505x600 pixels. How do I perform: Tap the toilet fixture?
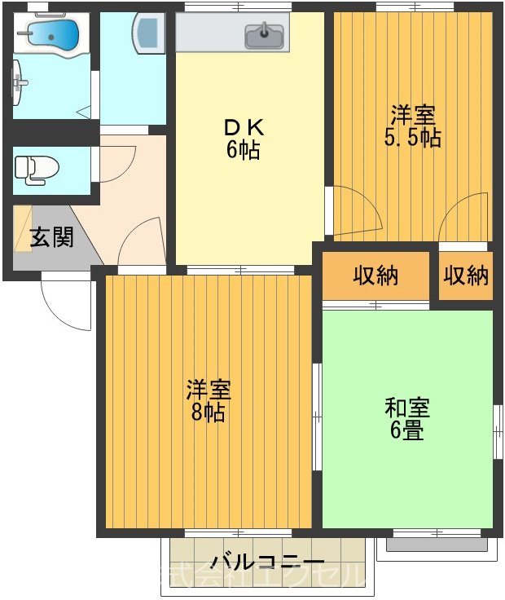click(x=37, y=169)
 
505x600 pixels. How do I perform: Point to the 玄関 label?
click(x=51, y=237)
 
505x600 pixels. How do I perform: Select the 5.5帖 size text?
click(x=413, y=138)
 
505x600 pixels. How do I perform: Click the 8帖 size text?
click(x=209, y=412)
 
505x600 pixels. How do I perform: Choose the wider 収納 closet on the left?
click(x=375, y=276)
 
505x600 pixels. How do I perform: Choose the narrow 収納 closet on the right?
click(x=467, y=276)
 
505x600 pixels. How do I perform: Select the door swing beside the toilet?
click(x=114, y=163)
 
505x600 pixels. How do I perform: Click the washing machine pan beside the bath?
click(x=149, y=33)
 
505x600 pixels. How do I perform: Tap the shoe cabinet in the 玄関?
click(x=22, y=229)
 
